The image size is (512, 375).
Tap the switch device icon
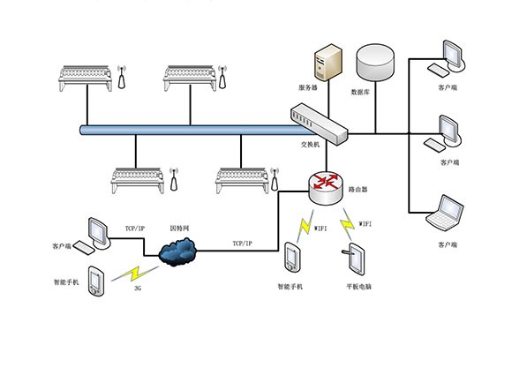pos(319,121)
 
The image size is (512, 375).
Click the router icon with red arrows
pos(328,184)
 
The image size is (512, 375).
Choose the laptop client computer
pos(445,215)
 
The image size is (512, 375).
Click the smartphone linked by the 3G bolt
pos(97,280)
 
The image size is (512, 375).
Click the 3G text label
pos(138,288)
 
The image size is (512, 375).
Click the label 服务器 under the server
pos(307,88)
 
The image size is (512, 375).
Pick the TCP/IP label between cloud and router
pos(242,243)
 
